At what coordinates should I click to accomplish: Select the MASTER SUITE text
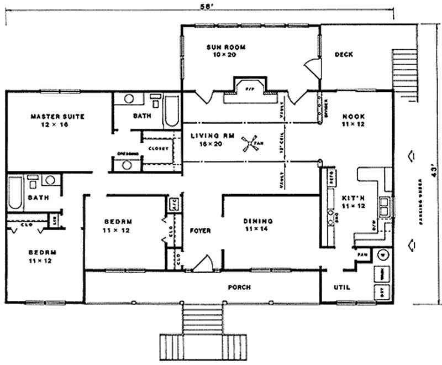click(x=57, y=117)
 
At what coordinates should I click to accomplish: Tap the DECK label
click(x=344, y=54)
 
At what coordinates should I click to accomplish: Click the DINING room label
click(x=258, y=221)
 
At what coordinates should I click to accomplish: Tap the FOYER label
click(x=200, y=231)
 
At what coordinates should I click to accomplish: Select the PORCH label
click(x=239, y=288)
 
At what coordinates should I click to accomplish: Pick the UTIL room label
click(x=343, y=288)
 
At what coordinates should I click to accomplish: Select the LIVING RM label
click(x=206, y=136)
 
